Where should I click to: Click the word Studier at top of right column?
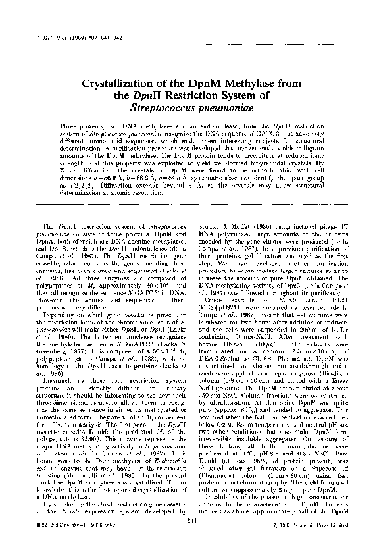pyautogui.click(x=209, y=226)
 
